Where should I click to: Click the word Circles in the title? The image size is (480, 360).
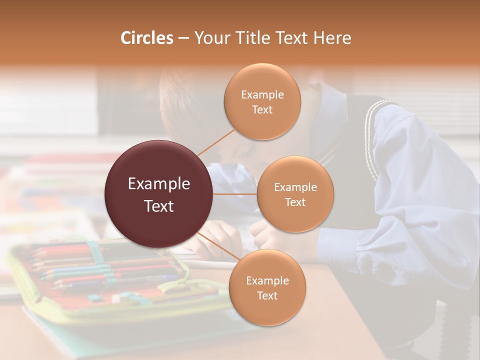point(146,38)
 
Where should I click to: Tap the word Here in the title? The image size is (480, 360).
point(332,38)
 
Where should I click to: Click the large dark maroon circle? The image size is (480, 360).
point(159,194)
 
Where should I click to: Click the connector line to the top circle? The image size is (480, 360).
point(216,141)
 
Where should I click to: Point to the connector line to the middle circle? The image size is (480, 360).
point(235,194)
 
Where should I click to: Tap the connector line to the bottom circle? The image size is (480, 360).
point(216,246)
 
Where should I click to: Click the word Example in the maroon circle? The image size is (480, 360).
point(159,184)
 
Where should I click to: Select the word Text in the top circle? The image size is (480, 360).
point(262,109)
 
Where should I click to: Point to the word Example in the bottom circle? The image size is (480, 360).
point(267,280)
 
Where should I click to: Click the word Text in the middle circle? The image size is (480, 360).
point(295,202)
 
